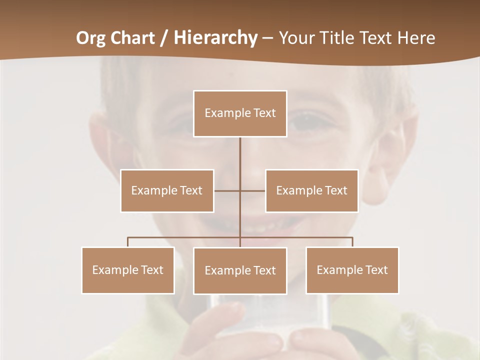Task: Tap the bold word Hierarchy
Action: (215, 38)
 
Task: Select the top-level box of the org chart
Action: (240, 113)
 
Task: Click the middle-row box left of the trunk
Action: (167, 190)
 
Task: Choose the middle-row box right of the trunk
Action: (311, 190)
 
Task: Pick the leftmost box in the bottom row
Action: (128, 270)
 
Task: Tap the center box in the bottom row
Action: (240, 270)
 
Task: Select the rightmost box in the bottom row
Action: (352, 270)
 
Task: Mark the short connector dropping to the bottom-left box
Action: (128, 242)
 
